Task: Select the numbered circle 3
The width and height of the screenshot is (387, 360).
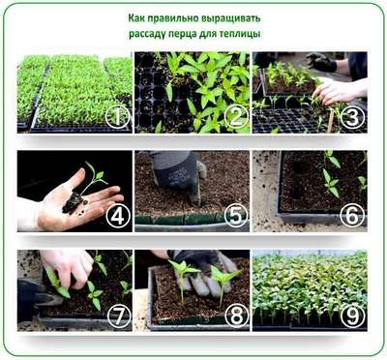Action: [x=352, y=116]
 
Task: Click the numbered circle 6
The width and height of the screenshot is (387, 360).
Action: [x=352, y=215]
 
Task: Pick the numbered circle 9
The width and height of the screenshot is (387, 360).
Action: [x=352, y=315]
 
